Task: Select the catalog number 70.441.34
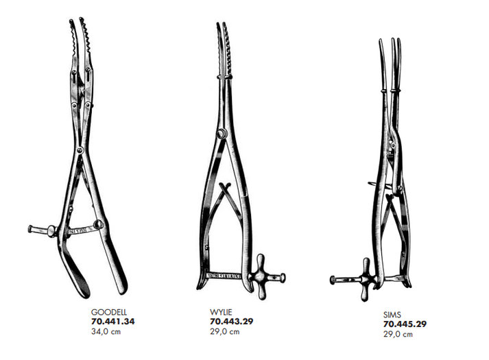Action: (114, 321)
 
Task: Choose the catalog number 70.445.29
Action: (405, 324)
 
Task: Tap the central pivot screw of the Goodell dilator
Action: (80, 150)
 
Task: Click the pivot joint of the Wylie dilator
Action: (219, 138)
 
